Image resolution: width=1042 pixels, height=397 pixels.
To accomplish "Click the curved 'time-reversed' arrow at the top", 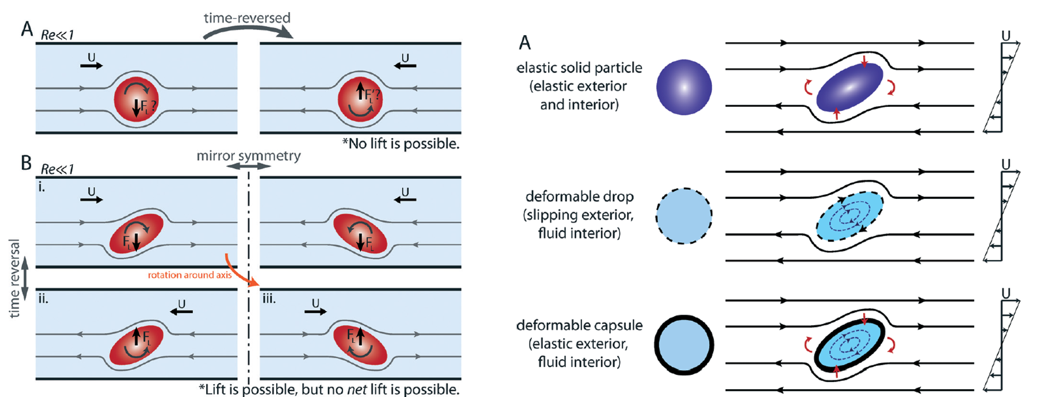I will [x=248, y=31].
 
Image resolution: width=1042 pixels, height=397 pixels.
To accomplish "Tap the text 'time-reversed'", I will [x=247, y=17].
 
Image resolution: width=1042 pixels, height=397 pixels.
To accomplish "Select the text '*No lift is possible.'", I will [x=400, y=144].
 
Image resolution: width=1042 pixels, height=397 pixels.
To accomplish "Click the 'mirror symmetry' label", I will [x=248, y=155].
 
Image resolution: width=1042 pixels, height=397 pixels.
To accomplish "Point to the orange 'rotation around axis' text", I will [x=189, y=275].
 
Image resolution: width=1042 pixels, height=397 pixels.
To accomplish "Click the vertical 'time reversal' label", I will [x=14, y=278].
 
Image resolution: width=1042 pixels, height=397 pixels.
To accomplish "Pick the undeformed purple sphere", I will [x=684, y=87].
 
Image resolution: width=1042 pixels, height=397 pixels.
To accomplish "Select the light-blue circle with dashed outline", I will [x=684, y=216].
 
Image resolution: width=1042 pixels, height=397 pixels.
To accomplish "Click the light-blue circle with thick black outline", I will [x=684, y=345].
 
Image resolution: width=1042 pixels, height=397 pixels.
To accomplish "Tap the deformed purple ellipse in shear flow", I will [x=849, y=87].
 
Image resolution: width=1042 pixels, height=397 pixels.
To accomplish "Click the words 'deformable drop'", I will [x=579, y=197].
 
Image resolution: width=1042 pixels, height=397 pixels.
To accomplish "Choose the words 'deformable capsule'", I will [x=579, y=325].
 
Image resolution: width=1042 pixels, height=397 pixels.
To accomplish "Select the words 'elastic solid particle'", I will [x=579, y=68].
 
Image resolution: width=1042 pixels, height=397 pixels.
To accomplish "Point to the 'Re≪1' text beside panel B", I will [x=57, y=169].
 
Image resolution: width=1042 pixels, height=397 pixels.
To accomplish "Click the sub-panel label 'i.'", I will [x=42, y=187].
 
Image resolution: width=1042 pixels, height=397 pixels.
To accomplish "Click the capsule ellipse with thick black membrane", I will [x=849, y=345].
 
